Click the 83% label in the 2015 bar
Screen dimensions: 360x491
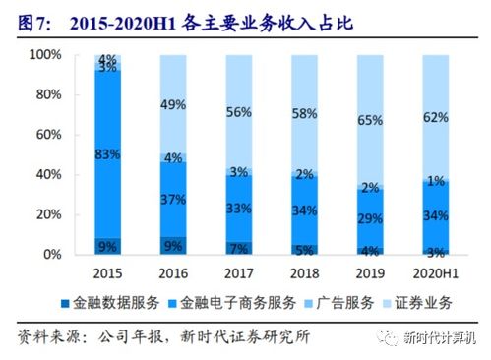point(109,153)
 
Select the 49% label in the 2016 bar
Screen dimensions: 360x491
point(173,105)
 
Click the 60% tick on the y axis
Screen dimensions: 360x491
point(47,135)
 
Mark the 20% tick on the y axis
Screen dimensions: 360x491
point(47,215)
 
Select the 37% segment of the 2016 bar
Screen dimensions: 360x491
point(173,200)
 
